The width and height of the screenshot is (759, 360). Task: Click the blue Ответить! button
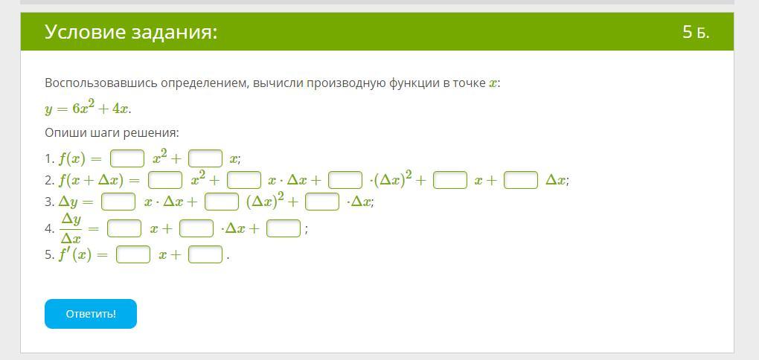[91, 314]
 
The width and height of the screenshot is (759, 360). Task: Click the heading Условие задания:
[131, 33]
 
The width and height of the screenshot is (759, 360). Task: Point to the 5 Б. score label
[696, 33]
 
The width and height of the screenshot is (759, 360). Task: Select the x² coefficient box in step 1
[127, 158]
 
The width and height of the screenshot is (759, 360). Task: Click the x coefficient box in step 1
[205, 158]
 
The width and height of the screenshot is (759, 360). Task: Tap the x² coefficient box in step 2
[165, 181]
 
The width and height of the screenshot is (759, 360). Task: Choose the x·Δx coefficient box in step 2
[244, 181]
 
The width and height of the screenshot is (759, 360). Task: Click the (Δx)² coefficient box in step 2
[345, 181]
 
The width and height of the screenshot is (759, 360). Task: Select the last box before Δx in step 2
[521, 181]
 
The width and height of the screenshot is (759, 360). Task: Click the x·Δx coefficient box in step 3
[118, 202]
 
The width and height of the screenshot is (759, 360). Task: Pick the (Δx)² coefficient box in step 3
[222, 202]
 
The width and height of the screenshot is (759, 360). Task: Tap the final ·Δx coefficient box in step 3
[322, 202]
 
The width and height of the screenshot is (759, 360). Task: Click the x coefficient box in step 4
[124, 228]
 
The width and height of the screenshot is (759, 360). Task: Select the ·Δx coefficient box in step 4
[196, 228]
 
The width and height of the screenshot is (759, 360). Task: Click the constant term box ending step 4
[284, 228]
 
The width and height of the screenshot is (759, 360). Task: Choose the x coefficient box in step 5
[133, 254]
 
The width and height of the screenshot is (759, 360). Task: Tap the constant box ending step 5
[205, 254]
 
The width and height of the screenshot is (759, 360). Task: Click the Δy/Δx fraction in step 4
[71, 229]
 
